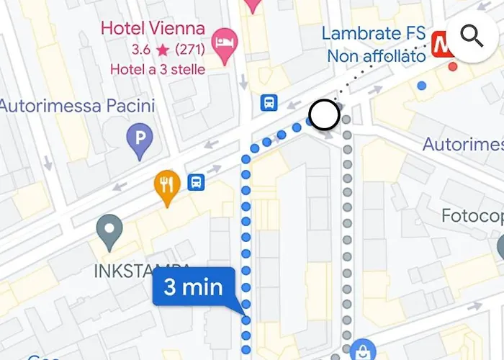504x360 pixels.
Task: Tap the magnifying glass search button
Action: click(472, 35)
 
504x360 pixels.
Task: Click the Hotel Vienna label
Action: click(153, 29)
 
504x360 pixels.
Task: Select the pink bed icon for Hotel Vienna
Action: click(227, 37)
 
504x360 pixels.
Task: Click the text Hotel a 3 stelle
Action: click(157, 69)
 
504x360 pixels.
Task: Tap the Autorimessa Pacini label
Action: click(77, 107)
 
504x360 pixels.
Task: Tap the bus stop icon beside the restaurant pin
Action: click(196, 182)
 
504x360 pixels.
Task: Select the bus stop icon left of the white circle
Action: click(269, 103)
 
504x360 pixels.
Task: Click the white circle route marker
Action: click(324, 114)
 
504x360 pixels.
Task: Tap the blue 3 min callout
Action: click(194, 288)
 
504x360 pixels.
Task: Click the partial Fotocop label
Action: click(472, 216)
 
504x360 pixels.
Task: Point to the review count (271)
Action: click(189, 50)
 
